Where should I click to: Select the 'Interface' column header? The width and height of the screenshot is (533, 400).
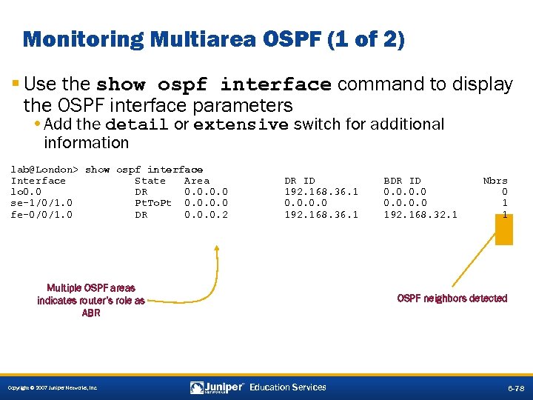(38, 181)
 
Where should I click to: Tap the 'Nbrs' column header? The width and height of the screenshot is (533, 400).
(495, 181)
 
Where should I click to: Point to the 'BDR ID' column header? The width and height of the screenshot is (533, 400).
(402, 181)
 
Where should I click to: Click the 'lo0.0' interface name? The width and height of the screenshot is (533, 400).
(26, 192)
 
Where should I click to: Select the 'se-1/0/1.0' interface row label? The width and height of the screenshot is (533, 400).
(41, 203)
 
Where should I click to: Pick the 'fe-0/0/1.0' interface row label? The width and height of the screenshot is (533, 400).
(41, 215)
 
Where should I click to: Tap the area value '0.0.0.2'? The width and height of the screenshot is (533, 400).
(206, 215)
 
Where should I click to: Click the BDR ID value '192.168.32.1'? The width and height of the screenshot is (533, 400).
(420, 215)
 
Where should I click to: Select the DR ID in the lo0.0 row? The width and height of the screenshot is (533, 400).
(321, 192)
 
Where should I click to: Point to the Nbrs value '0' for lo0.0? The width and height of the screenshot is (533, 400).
(504, 192)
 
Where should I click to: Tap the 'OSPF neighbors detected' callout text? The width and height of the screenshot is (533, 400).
(452, 299)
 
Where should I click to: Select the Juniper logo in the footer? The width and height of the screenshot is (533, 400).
(217, 387)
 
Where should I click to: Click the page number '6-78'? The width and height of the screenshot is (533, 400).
(516, 388)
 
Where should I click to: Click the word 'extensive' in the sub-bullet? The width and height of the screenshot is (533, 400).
(241, 125)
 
